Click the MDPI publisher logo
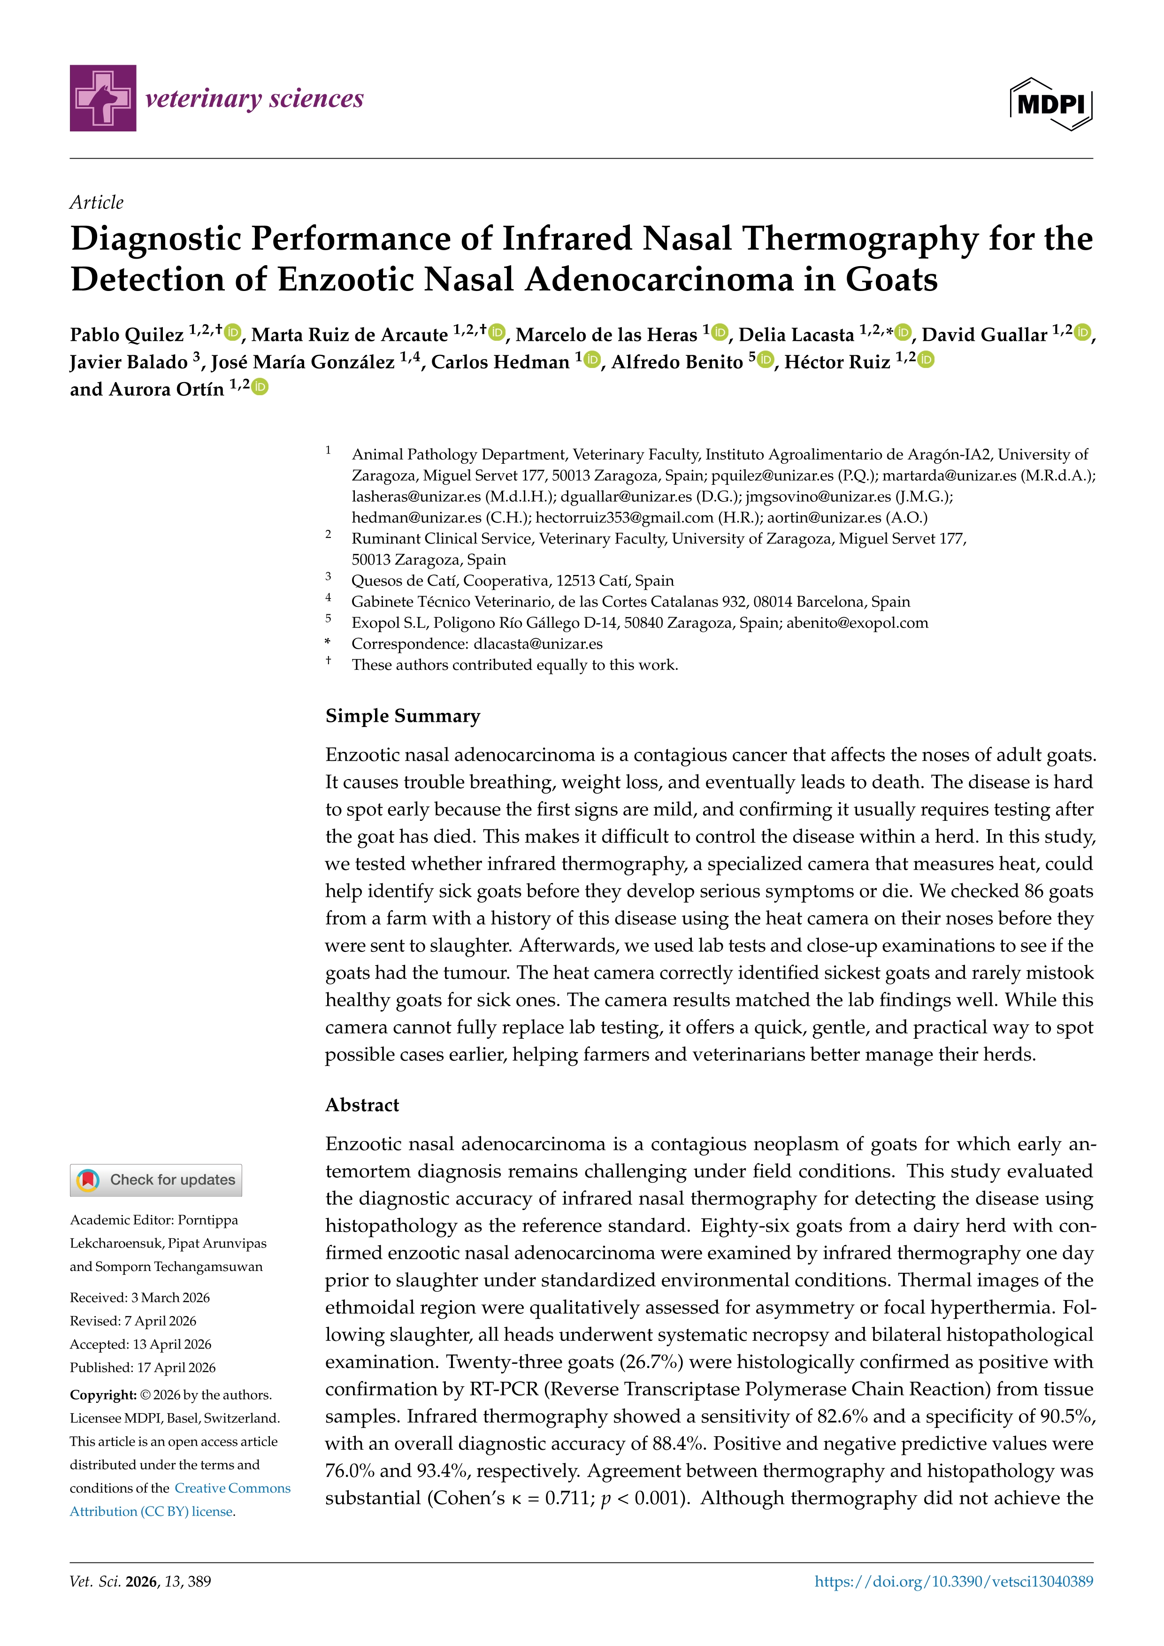click(1051, 104)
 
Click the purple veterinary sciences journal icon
click(102, 98)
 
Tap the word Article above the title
click(96, 202)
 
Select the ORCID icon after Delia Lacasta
click(903, 333)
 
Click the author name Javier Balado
click(128, 362)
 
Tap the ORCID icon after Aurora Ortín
click(260, 387)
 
